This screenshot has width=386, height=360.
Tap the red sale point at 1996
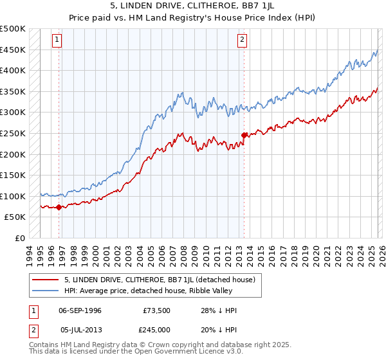tap(59, 207)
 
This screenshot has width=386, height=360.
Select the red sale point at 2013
tap(244, 135)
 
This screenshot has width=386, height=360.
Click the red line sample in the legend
tap(45, 280)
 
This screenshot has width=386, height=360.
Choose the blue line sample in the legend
tap(45, 291)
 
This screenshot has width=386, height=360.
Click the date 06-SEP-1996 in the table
tap(80, 310)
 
